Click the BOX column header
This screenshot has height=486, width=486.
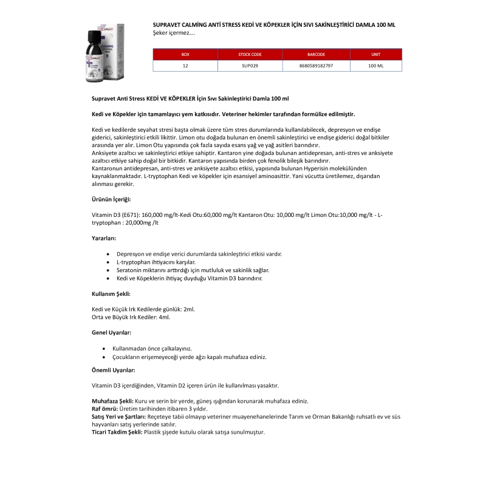pos(185,55)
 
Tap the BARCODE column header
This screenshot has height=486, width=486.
pos(317,55)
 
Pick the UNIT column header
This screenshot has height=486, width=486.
pos(375,55)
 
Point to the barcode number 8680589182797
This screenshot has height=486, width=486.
pos(317,65)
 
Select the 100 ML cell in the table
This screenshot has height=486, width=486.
pos(375,65)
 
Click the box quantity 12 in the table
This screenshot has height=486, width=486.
pos(185,65)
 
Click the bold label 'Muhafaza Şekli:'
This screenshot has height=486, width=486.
pos(112,401)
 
